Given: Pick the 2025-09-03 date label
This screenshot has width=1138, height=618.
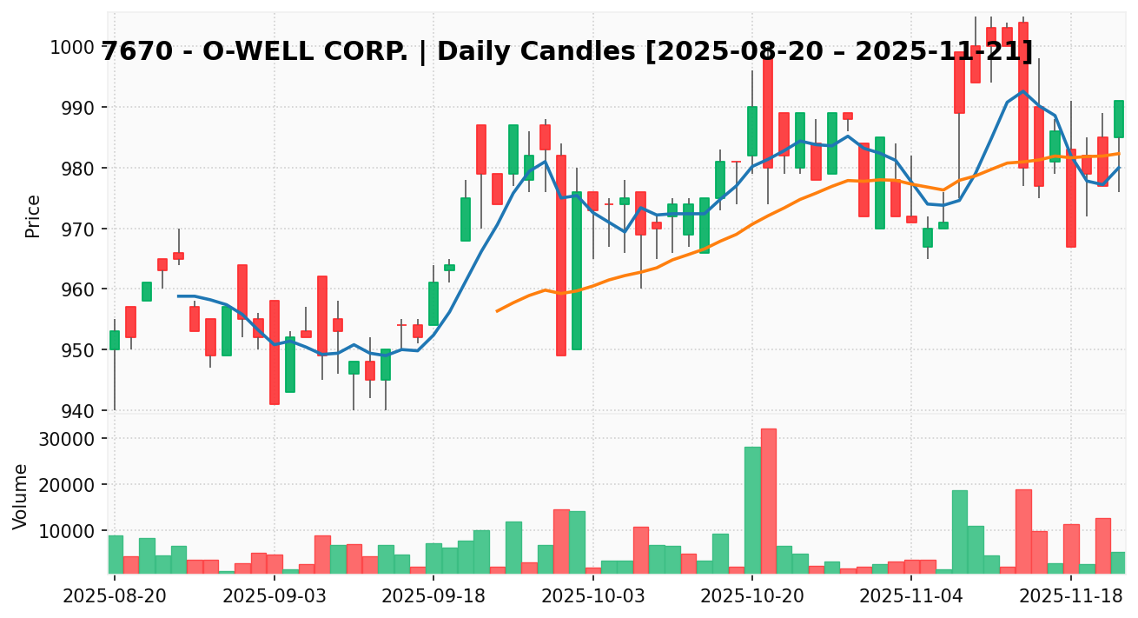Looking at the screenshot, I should click(x=274, y=598).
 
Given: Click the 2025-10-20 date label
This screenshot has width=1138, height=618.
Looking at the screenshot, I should click(x=752, y=598).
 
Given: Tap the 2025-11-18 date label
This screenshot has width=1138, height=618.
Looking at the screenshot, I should click(x=1072, y=598).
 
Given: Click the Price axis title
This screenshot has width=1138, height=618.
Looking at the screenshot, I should click(x=33, y=216).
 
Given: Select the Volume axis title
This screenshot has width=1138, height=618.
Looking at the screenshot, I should click(x=21, y=495).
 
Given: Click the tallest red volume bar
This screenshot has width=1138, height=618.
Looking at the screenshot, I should click(x=768, y=500).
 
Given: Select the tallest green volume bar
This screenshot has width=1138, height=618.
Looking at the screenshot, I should click(x=752, y=509).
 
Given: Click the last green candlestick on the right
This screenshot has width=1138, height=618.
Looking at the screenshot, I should click(x=1118, y=119).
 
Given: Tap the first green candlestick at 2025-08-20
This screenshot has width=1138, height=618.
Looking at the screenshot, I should click(x=114, y=340).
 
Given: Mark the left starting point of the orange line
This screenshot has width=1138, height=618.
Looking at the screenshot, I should click(x=497, y=310).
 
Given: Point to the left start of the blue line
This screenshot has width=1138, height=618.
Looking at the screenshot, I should click(x=178, y=296).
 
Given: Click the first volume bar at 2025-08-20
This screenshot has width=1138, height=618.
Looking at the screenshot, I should click(x=115, y=554).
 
